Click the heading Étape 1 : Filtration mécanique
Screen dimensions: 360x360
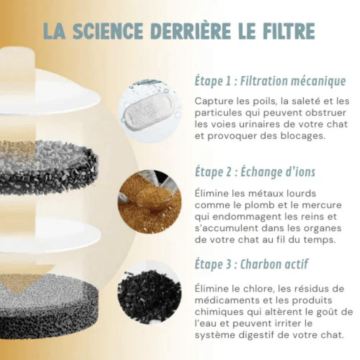(270, 81)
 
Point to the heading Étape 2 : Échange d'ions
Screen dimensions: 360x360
(255, 172)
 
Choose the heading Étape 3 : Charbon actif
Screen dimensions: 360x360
(251, 264)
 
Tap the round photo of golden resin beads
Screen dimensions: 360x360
(149, 202)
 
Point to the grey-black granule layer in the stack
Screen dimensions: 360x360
(49, 167)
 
